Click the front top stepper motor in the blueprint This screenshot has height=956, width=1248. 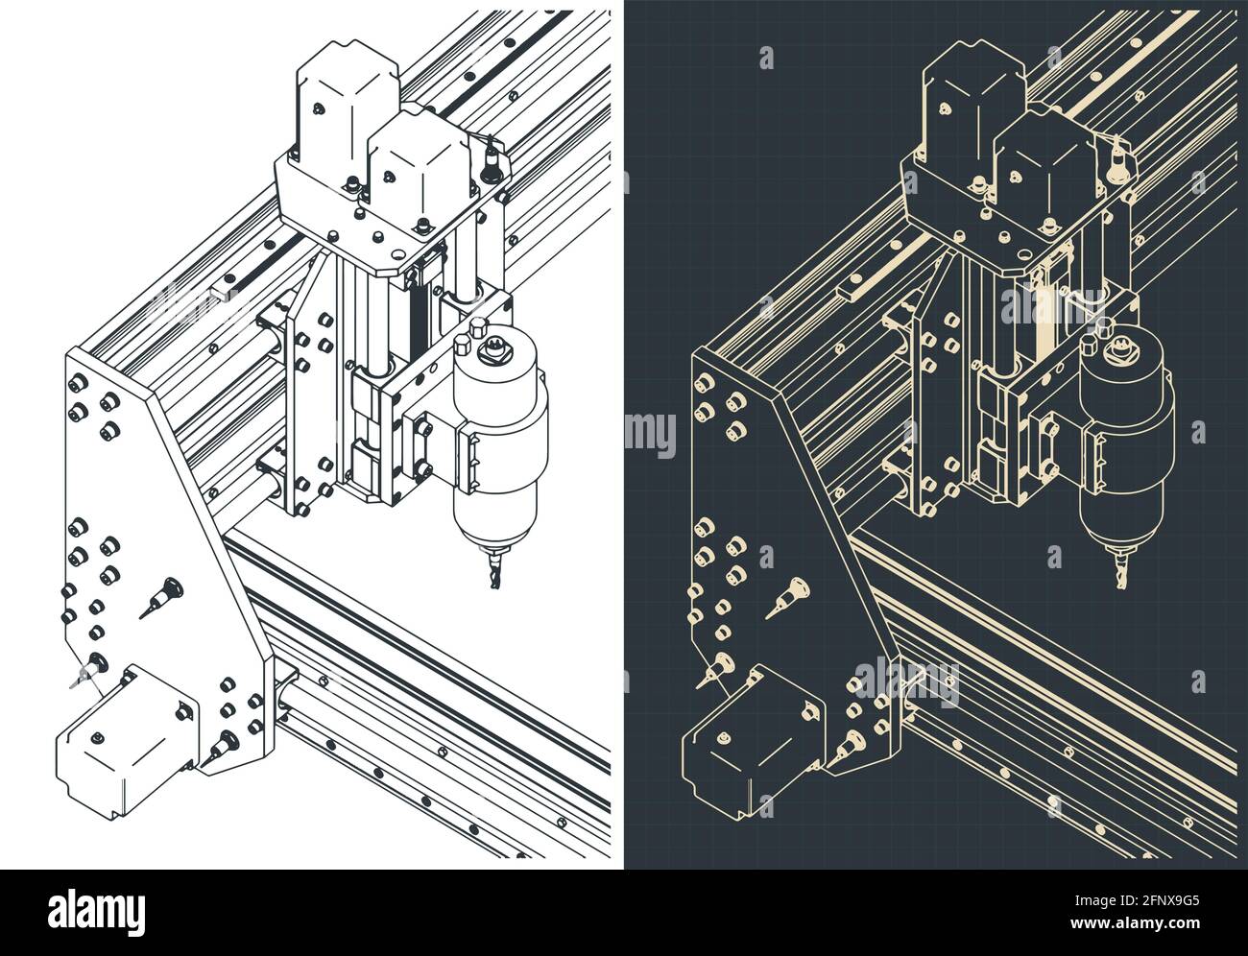point(1042,168)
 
